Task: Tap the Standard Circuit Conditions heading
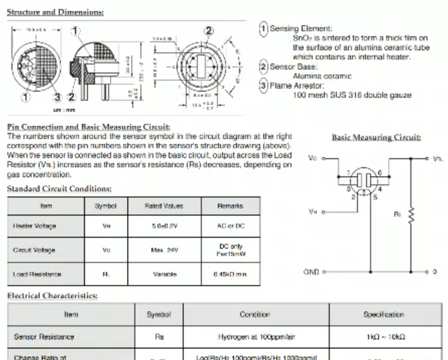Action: pos(59,189)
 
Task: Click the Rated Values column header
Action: pos(164,206)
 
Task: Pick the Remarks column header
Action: pos(230,206)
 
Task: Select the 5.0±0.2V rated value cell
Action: pos(164,227)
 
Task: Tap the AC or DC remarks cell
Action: pos(230,227)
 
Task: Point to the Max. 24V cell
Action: pos(164,251)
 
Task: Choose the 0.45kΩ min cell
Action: pos(230,274)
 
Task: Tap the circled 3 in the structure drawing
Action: pos(58,97)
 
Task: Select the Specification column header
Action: pos(384,314)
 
